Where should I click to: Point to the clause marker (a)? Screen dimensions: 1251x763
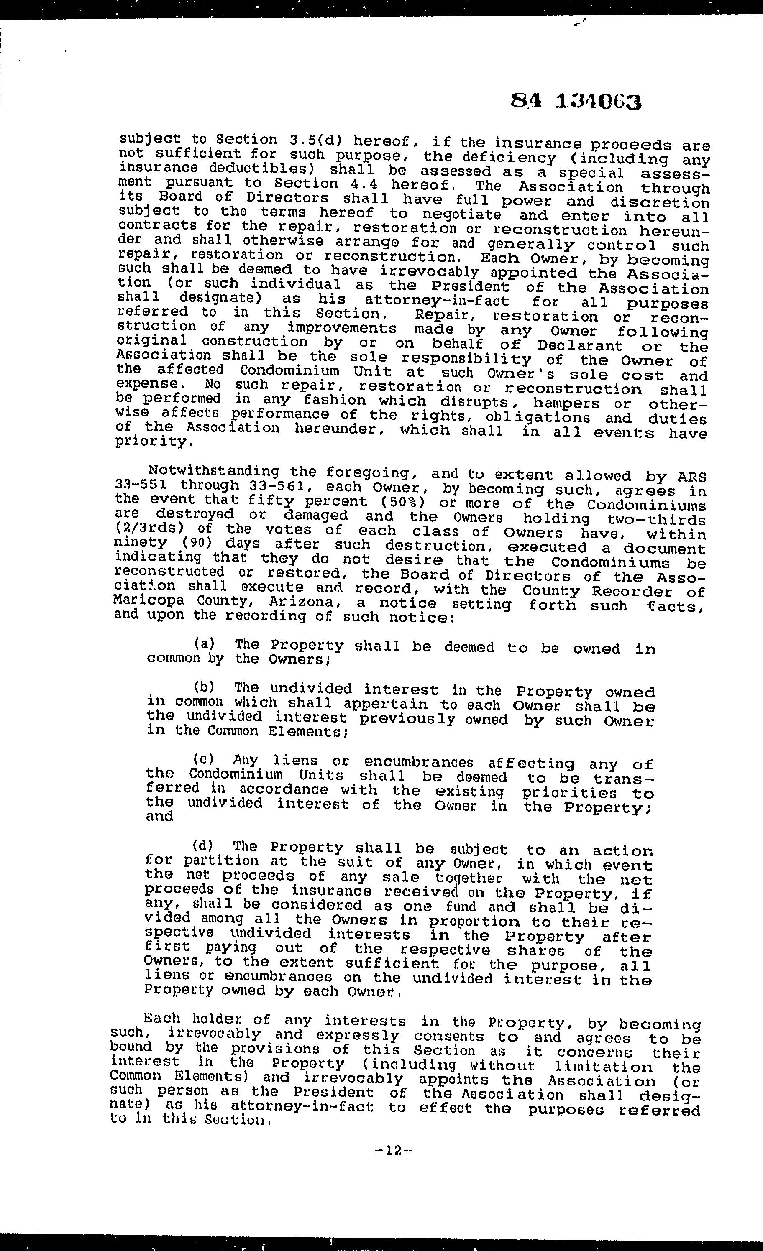pyautogui.click(x=204, y=644)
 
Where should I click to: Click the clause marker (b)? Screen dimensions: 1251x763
pyautogui.click(x=204, y=687)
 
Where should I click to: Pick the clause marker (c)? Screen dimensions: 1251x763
pyautogui.click(x=204, y=760)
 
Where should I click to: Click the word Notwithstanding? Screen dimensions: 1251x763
pyautogui.click(x=213, y=472)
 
